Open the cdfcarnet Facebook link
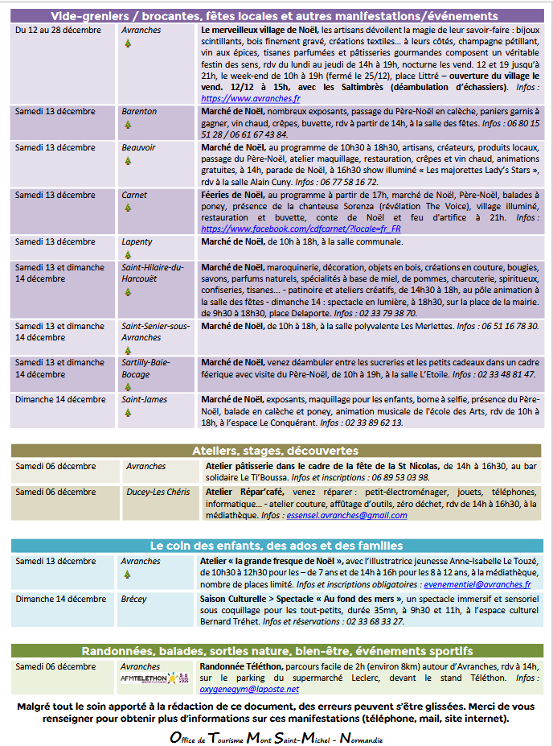301,229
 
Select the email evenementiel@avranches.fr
477,585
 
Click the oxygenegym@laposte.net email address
249,689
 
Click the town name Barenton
139,112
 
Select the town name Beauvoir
138,148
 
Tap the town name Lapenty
137,241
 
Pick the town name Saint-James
144,400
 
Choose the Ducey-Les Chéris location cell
158,492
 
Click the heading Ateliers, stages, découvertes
275,451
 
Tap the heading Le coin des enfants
276,546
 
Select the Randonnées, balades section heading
276,651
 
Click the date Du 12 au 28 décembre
58,31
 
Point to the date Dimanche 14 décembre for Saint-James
60,400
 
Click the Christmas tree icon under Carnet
127,208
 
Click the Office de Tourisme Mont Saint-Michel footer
276,738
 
